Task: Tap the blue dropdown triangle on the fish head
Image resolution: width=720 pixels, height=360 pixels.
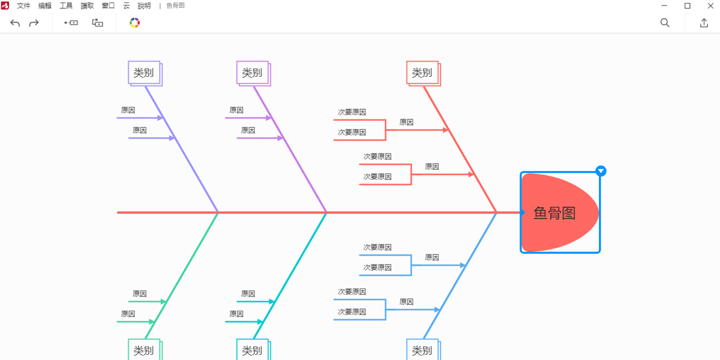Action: tap(601, 171)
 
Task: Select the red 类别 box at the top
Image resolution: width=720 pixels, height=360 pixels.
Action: tap(422, 73)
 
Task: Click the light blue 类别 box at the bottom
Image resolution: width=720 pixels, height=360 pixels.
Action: tap(422, 350)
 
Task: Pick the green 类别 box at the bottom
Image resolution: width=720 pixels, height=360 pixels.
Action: tap(144, 350)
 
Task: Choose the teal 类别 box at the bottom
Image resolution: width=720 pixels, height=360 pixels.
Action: tap(252, 350)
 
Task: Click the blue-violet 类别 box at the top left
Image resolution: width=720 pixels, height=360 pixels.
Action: tap(144, 73)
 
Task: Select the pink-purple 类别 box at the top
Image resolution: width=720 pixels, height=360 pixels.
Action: tap(252, 73)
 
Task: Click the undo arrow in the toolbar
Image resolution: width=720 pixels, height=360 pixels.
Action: tap(16, 23)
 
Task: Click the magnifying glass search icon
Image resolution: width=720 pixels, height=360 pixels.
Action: tap(665, 23)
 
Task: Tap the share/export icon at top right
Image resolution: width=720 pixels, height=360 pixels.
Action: tap(704, 23)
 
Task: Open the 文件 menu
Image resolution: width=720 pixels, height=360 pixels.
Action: tap(23, 6)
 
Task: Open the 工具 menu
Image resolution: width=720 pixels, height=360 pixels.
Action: tap(66, 6)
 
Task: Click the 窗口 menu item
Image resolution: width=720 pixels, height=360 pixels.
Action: tap(109, 6)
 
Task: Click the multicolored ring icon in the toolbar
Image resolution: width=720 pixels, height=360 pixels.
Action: tap(134, 23)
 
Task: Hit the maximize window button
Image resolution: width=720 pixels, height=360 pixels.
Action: tap(688, 6)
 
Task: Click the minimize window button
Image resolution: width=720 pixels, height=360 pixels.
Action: tap(664, 6)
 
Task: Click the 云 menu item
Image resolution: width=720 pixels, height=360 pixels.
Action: tap(126, 6)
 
